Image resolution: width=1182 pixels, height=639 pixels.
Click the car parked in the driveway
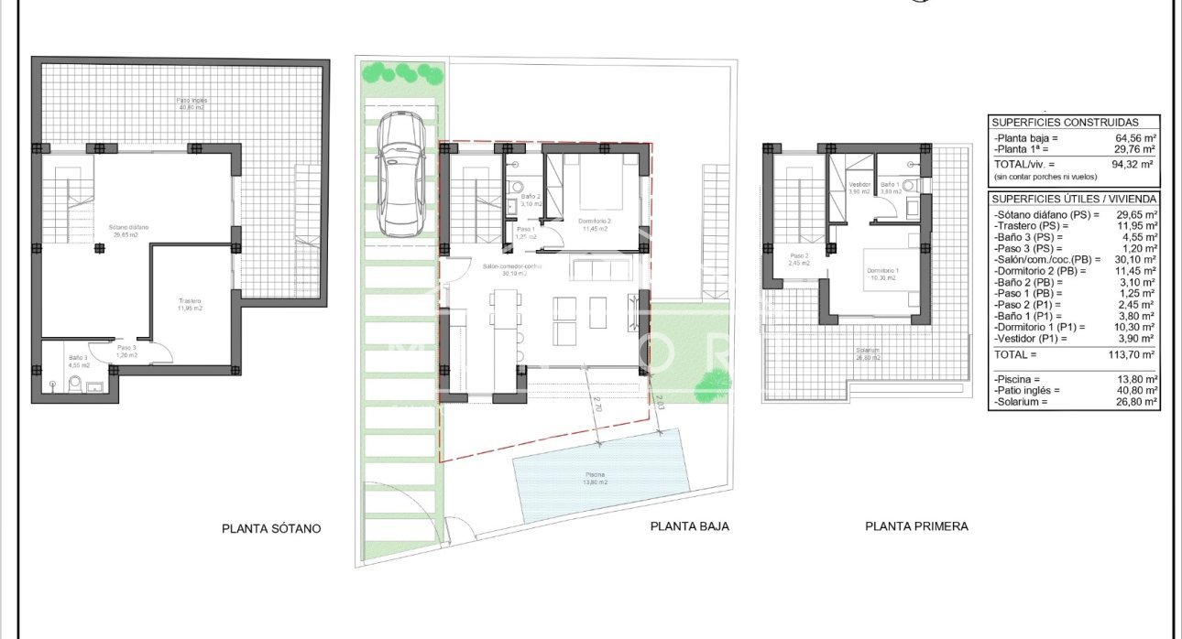pyautogui.click(x=400, y=174)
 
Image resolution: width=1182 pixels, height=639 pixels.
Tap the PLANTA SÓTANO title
pyautogui.click(x=271, y=528)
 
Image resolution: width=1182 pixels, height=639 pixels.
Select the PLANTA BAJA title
pyautogui.click(x=689, y=526)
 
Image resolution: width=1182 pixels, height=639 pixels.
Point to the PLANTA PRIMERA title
pyautogui.click(x=916, y=526)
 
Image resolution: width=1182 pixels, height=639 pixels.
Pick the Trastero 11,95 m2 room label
pyautogui.click(x=190, y=305)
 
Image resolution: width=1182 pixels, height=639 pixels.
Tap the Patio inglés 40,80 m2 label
pyautogui.click(x=192, y=103)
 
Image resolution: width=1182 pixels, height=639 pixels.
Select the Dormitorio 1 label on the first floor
pyautogui.click(x=883, y=273)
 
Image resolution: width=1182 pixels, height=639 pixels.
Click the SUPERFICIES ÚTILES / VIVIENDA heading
pyautogui.click(x=1074, y=199)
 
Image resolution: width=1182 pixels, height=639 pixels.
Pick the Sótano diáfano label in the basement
pyautogui.click(x=129, y=230)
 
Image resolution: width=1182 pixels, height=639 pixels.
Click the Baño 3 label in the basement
pyautogui.click(x=77, y=360)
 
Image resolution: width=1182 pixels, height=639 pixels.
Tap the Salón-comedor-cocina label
pyautogui.click(x=512, y=269)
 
